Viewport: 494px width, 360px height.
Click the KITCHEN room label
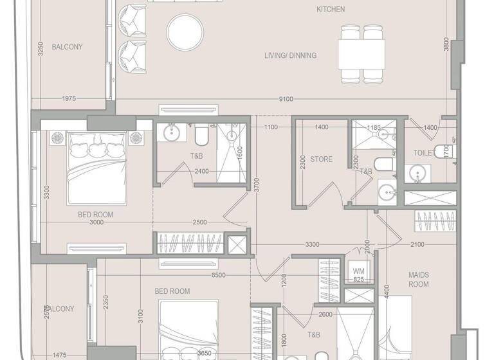[x=331, y=10]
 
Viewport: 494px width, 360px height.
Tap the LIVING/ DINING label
[x=290, y=56]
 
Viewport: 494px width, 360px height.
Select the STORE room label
[x=321, y=159]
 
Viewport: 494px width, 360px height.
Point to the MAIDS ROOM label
[x=419, y=280]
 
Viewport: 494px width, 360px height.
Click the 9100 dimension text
[x=287, y=99]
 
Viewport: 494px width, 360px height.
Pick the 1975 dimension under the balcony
[x=69, y=99]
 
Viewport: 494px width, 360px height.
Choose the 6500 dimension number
[x=218, y=275]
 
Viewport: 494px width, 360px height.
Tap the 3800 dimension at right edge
[x=446, y=43]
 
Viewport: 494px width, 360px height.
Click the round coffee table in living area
[x=185, y=33]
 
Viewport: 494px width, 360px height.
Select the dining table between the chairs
[x=361, y=55]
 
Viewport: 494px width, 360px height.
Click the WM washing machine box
[x=358, y=272]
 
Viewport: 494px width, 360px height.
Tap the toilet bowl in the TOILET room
[x=443, y=152]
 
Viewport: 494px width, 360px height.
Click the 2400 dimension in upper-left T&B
[x=201, y=172]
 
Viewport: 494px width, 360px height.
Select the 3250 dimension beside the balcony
[x=40, y=50]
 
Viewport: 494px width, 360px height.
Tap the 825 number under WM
[x=358, y=280]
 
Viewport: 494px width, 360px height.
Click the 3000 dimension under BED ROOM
[x=96, y=223]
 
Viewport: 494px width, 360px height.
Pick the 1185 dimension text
[x=374, y=128]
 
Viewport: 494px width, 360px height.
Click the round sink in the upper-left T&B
[x=172, y=134]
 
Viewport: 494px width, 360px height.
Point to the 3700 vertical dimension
[x=255, y=186]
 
